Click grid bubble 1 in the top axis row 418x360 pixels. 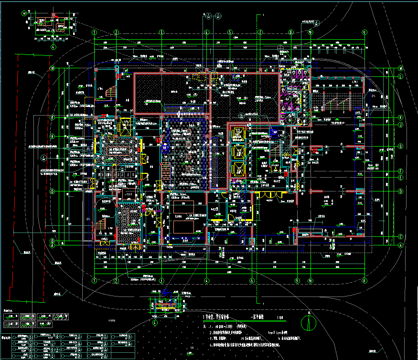[95, 32]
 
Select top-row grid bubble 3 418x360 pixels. [161, 32]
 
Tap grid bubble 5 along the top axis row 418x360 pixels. [230, 32]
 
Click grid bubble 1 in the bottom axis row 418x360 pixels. [95, 280]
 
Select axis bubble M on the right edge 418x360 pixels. [400, 69]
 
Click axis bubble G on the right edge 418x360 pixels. [400, 146]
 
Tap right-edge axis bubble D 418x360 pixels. [400, 191]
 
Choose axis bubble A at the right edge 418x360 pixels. [400, 244]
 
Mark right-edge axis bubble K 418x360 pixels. [400, 117]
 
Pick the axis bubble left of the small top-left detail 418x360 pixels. [25, 14]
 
